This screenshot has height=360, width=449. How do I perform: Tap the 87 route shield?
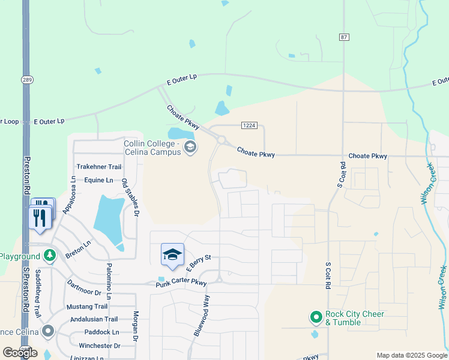click(x=344, y=37)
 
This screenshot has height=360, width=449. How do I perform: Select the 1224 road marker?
click(x=250, y=125)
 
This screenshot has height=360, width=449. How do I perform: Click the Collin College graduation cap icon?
click(x=190, y=147)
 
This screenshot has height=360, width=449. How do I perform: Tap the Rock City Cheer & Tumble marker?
click(x=316, y=317)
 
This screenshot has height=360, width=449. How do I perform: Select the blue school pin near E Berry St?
click(x=172, y=254)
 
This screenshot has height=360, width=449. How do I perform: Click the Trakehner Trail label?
click(x=99, y=167)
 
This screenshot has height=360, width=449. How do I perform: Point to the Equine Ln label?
click(x=98, y=180)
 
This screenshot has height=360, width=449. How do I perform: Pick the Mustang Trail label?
click(x=87, y=306)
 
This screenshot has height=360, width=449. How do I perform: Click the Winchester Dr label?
click(x=100, y=346)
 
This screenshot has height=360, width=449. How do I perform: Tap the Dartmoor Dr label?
click(x=84, y=287)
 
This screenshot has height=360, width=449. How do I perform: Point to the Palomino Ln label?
click(x=109, y=281)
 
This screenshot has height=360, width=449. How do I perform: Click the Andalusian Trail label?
click(x=95, y=319)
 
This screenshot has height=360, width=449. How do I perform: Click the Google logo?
click(x=20, y=352)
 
